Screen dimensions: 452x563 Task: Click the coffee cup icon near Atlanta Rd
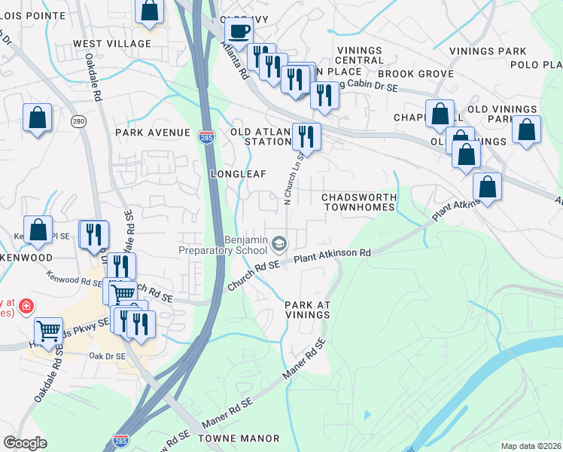(x=239, y=32)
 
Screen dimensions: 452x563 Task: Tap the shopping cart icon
(x=48, y=329)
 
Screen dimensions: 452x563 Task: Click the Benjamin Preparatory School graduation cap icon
(x=279, y=243)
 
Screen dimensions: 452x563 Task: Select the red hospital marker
(x=26, y=306)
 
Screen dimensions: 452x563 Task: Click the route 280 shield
(x=78, y=121)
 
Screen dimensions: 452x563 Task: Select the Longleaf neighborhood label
(x=239, y=174)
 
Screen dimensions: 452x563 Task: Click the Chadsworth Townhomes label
(x=358, y=202)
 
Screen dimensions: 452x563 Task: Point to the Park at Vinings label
(x=308, y=310)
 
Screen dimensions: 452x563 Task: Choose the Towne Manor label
(x=239, y=438)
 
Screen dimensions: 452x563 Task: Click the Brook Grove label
(x=415, y=74)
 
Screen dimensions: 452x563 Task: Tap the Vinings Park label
(x=488, y=51)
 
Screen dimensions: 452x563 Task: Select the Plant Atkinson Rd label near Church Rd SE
(x=333, y=256)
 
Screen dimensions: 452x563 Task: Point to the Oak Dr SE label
(x=105, y=356)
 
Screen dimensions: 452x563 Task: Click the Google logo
(x=25, y=443)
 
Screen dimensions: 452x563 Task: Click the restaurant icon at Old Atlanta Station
(x=306, y=136)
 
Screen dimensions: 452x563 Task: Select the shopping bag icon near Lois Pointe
(x=150, y=11)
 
